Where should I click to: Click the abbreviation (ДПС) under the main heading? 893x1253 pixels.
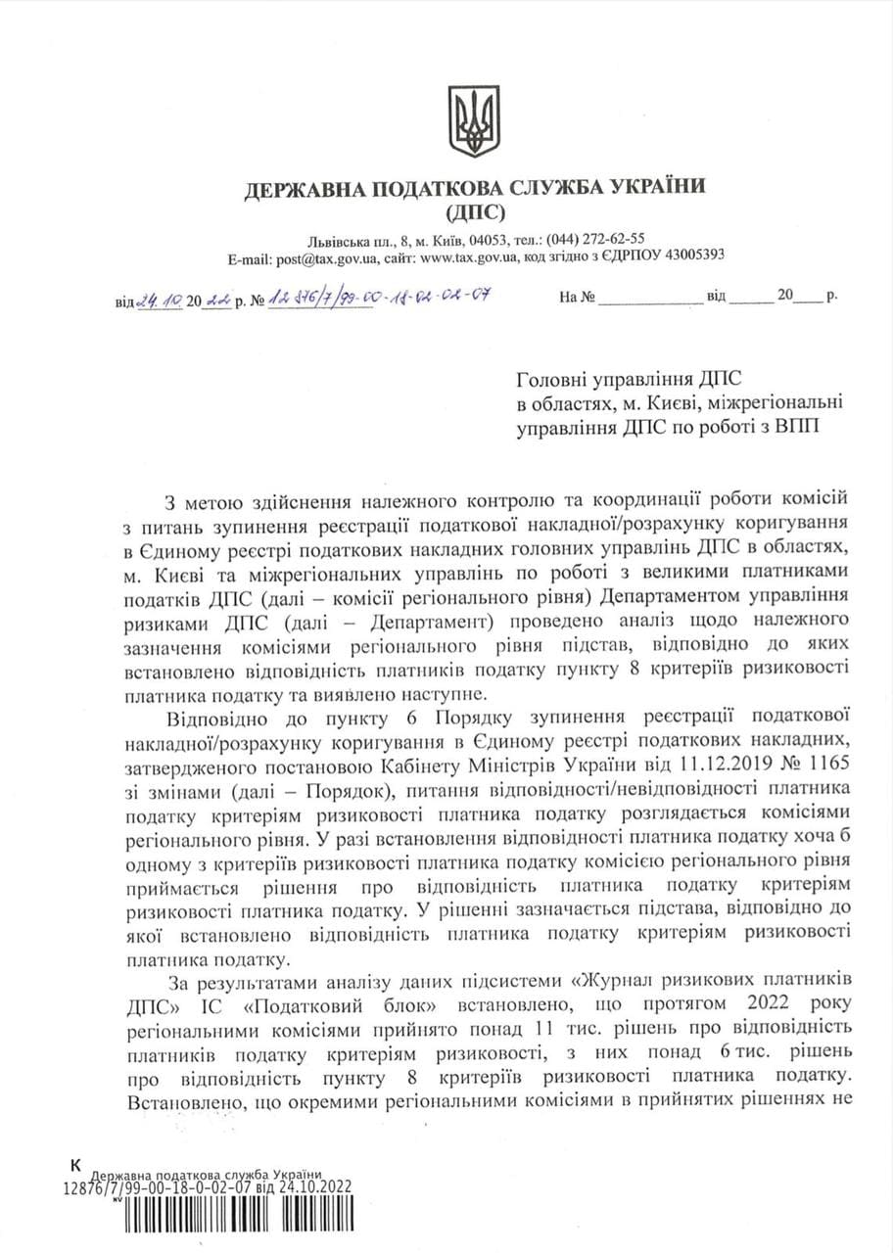[x=475, y=210]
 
